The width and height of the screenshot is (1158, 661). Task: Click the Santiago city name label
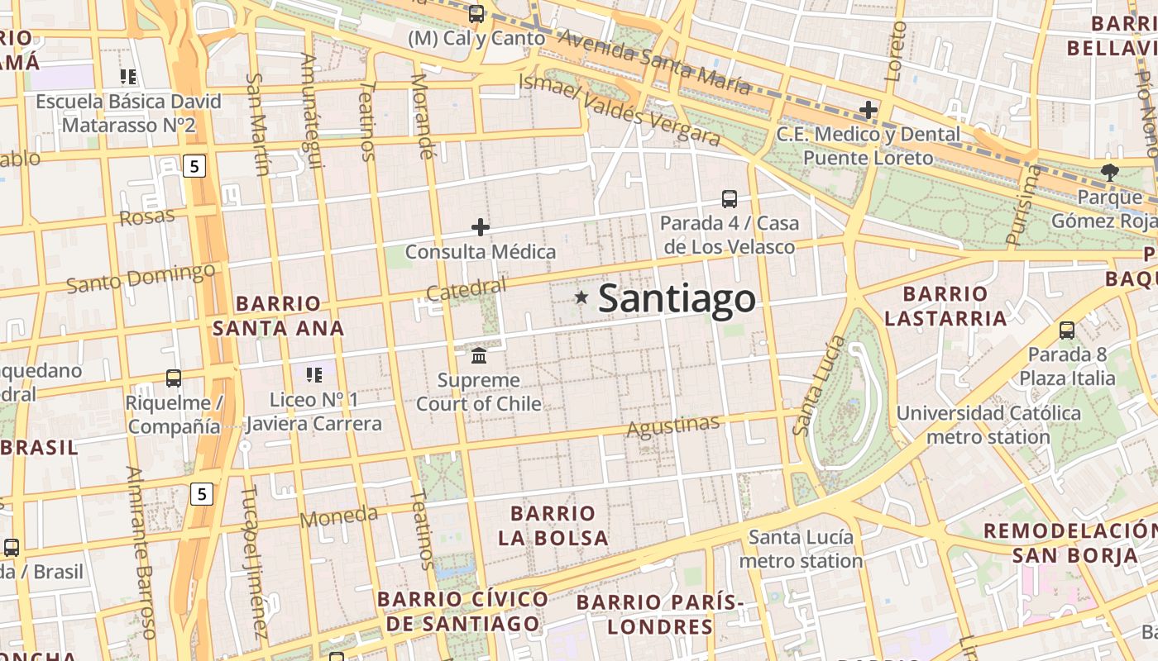[x=677, y=298]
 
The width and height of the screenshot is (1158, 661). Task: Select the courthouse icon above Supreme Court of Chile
[x=479, y=355]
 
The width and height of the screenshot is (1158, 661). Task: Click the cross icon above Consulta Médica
[x=481, y=227]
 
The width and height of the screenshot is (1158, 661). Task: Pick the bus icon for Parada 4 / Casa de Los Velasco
[x=729, y=199]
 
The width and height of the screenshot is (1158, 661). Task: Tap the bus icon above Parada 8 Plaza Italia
[x=1067, y=330]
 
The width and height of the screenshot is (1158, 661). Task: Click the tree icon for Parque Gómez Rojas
[x=1109, y=173]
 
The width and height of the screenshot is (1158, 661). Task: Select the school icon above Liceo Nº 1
[x=314, y=375]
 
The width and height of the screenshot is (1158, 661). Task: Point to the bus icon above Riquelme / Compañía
[x=174, y=378]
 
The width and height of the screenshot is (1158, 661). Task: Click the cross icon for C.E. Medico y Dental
[x=868, y=110]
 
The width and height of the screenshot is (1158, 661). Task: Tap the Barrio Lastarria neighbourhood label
[x=945, y=306]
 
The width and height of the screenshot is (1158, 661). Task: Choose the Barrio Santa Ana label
[x=278, y=316]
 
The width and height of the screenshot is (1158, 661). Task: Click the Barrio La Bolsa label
[x=553, y=525]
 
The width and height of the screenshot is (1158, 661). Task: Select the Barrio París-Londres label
[x=659, y=614]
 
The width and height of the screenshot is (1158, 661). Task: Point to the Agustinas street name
[x=673, y=426]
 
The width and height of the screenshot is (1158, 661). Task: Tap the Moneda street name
[x=338, y=517]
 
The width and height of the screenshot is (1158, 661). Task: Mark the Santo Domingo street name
[x=141, y=278]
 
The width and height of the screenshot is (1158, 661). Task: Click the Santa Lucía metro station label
[x=800, y=549]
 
